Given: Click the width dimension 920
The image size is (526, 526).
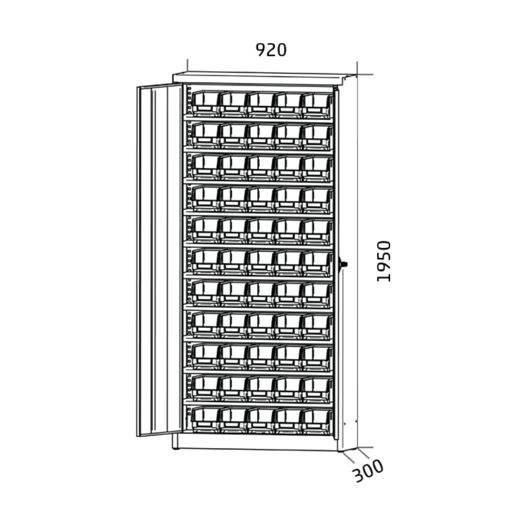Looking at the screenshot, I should click(x=271, y=50).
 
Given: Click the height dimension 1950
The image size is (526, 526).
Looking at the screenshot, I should click(x=384, y=261).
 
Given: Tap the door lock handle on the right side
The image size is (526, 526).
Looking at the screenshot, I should click(x=344, y=264).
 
